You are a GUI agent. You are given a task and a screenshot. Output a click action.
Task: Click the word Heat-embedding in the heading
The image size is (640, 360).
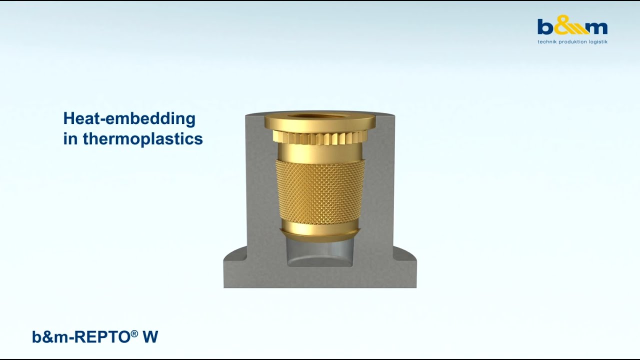pyautogui.click(x=129, y=119)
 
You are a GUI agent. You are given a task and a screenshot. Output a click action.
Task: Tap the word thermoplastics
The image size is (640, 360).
pyautogui.click(x=142, y=138)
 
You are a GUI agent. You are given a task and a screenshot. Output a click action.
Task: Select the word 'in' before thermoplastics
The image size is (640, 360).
pyautogui.click(x=70, y=138)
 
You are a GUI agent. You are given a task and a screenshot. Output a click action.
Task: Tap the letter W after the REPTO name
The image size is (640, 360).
pyautogui.click(x=150, y=337)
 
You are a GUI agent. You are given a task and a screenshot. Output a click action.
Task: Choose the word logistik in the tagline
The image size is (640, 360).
pyautogui.click(x=598, y=42)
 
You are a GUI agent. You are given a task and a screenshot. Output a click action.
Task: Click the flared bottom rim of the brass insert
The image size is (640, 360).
pyautogui.click(x=320, y=231)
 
